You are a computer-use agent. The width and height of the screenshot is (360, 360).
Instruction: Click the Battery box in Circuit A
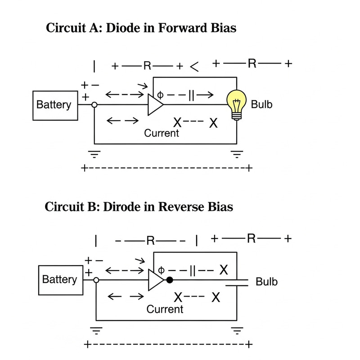(x=54, y=105)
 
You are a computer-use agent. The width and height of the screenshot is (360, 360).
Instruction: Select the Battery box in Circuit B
(x=59, y=279)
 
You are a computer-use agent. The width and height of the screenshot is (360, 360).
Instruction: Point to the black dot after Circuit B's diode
(x=170, y=280)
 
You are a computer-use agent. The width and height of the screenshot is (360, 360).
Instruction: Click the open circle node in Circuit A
(x=94, y=105)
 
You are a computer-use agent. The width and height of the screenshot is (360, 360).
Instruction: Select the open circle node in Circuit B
(x=96, y=280)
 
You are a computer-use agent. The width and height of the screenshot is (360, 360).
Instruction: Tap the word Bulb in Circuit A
(x=261, y=105)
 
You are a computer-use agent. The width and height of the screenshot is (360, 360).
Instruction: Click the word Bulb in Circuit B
(x=266, y=282)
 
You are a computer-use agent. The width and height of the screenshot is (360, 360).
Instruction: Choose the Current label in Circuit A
(x=162, y=133)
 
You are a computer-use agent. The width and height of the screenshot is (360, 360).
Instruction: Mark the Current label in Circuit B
(x=165, y=310)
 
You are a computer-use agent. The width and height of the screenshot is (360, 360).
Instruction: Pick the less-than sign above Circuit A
(x=194, y=67)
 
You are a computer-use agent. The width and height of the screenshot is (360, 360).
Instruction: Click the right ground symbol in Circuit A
(x=236, y=154)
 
